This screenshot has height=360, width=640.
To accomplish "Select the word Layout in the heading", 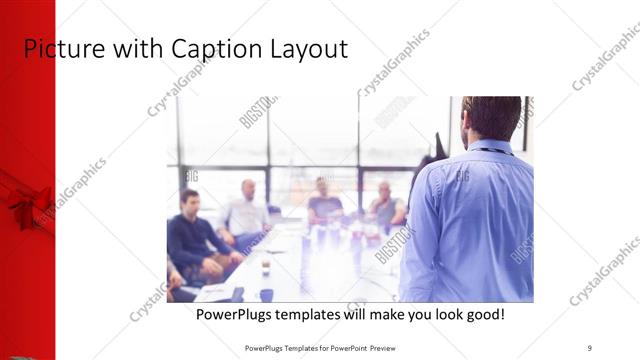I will pos(305,49).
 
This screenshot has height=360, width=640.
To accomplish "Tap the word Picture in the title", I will pos(59,49).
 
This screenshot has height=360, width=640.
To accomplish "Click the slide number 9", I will pos(590,347).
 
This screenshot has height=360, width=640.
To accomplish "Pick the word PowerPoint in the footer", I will pos(337,347).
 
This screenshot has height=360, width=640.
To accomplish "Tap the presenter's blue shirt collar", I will pos(491,147).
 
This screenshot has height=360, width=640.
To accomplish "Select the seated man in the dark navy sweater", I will pos(190,235).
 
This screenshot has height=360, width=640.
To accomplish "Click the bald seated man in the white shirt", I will pos(245,212).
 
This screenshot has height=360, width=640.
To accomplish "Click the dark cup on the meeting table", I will pos(266,294).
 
